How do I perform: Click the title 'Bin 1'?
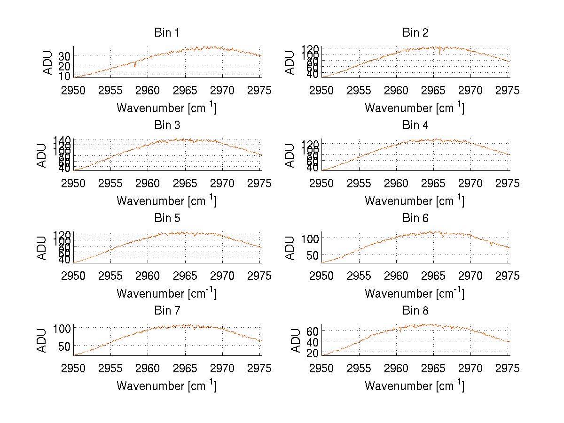[x=167, y=33]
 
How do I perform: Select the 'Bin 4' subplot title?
[x=415, y=125]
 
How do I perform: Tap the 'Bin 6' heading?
[x=415, y=218]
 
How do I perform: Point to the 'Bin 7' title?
[x=167, y=311]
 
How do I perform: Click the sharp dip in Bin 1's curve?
[x=135, y=66]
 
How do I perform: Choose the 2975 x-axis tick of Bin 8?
[x=508, y=369]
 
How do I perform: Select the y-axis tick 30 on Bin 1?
[x=64, y=56]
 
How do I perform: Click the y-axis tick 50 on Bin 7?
[x=64, y=346]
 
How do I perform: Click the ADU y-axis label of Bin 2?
[x=290, y=62]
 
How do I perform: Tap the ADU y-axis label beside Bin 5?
[x=42, y=248]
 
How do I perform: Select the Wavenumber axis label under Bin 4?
[x=414, y=201]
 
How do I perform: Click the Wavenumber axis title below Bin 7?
[x=166, y=386]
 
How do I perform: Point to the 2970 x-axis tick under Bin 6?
[x=471, y=276]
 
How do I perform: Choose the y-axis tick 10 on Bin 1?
[x=64, y=76]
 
